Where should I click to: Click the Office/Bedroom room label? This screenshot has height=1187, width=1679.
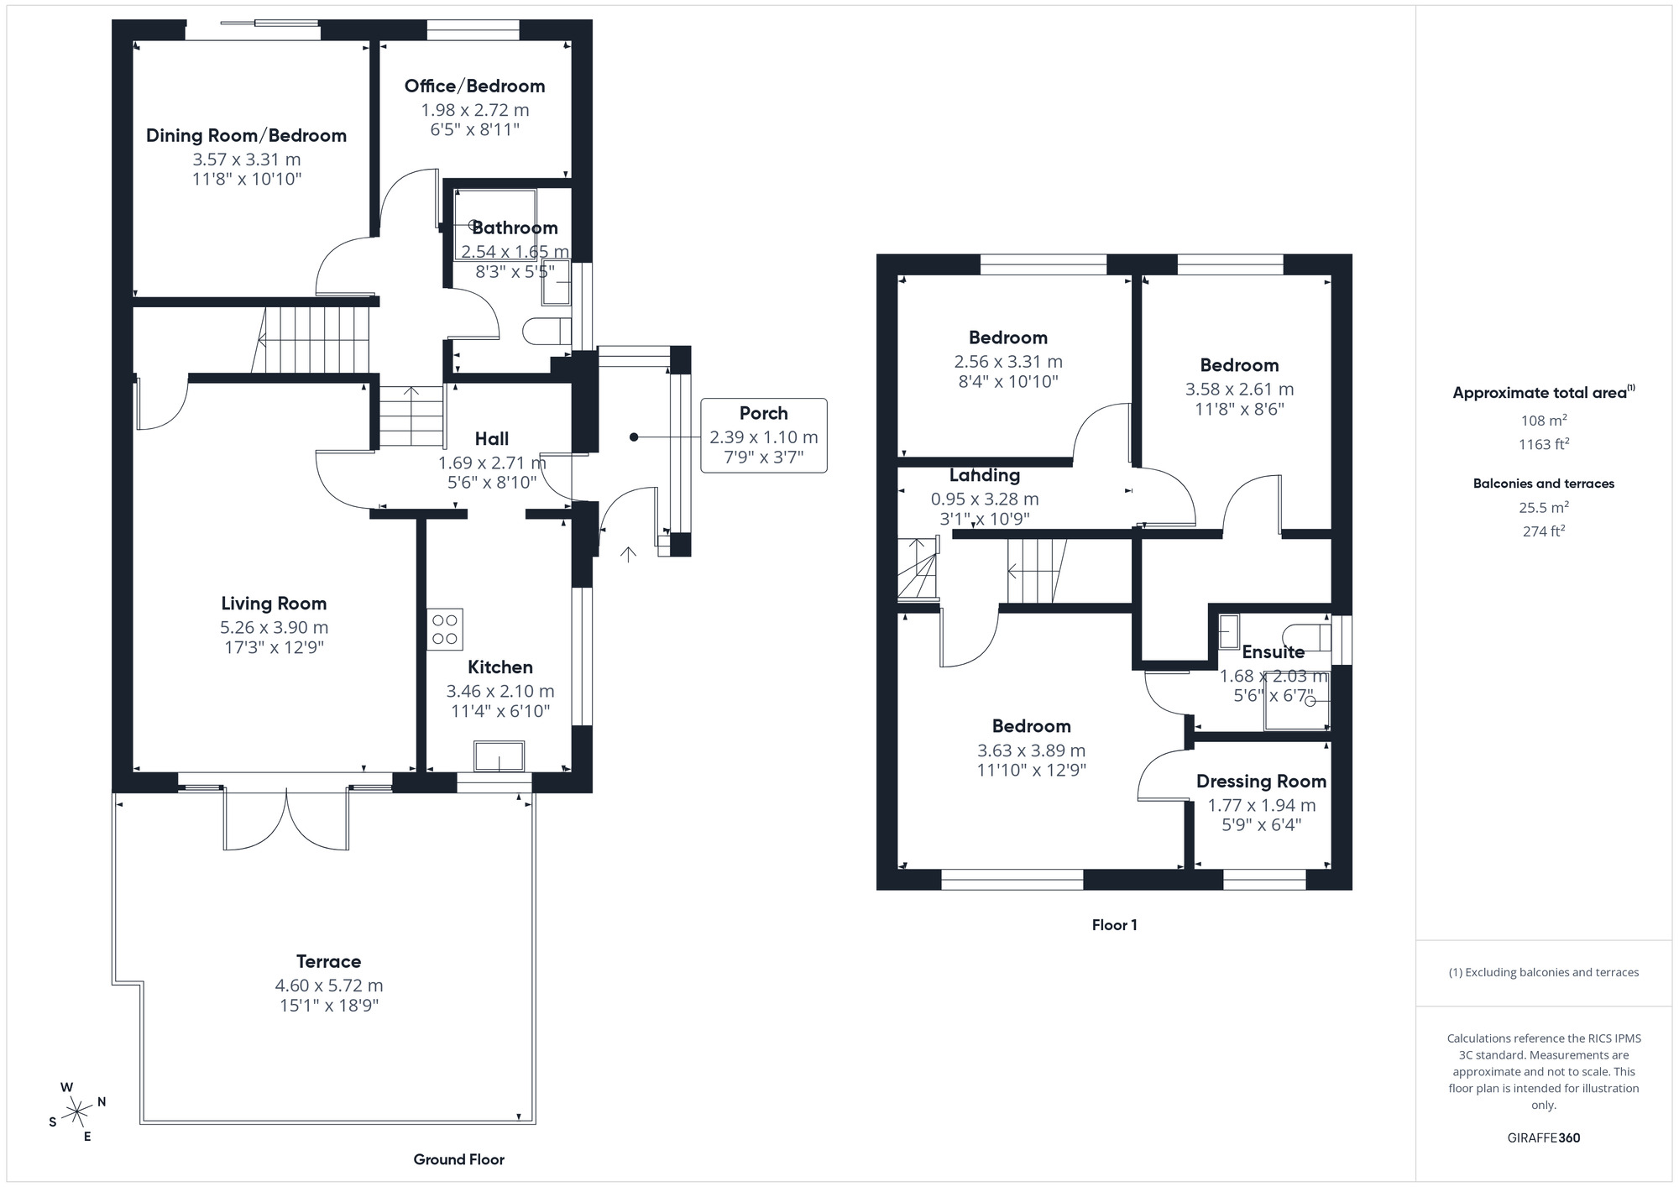pyautogui.click(x=474, y=86)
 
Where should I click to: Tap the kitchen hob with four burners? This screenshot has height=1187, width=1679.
pyautogui.click(x=444, y=630)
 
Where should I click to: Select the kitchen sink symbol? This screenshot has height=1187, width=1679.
pyautogui.click(x=499, y=756)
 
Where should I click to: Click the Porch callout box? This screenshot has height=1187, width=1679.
pyautogui.click(x=763, y=436)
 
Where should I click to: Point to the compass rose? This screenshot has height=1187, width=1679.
pyautogui.click(x=77, y=1112)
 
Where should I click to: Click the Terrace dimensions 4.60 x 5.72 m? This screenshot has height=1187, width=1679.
pyautogui.click(x=329, y=986)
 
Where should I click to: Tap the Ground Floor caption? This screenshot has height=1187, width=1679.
pyautogui.click(x=458, y=1159)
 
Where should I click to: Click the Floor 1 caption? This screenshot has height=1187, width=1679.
pyautogui.click(x=1114, y=925)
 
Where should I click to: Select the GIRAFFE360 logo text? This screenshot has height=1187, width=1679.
pyautogui.click(x=1543, y=1138)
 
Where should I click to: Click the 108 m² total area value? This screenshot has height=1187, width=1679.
pyautogui.click(x=1543, y=421)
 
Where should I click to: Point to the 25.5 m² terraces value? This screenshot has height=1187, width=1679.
pyautogui.click(x=1543, y=507)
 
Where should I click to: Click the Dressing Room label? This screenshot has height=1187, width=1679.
pyautogui.click(x=1261, y=782)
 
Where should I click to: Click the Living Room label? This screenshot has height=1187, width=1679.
pyautogui.click(x=274, y=603)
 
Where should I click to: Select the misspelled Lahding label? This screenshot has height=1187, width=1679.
pyautogui.click(x=984, y=475)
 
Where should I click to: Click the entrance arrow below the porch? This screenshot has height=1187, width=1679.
pyautogui.click(x=628, y=553)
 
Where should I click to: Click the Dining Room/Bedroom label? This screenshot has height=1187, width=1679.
pyautogui.click(x=246, y=135)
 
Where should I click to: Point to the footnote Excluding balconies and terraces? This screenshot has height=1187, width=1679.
pyautogui.click(x=1543, y=972)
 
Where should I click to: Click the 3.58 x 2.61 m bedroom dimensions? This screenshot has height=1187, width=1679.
pyautogui.click(x=1239, y=390)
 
